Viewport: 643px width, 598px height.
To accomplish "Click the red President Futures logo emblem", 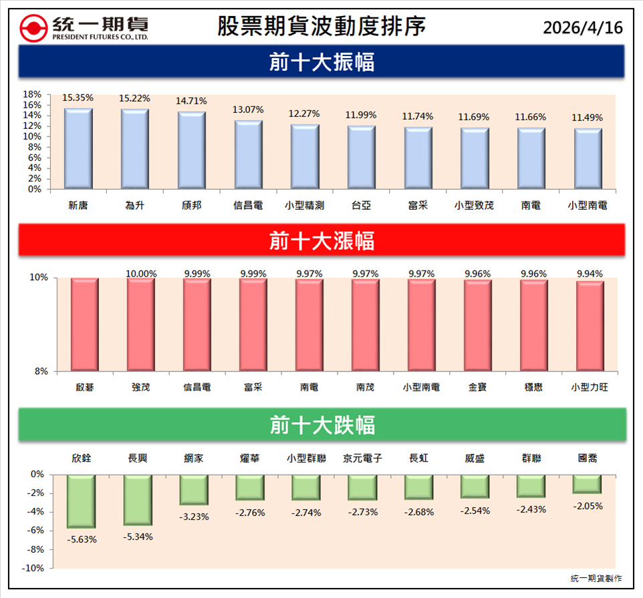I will click(33, 28).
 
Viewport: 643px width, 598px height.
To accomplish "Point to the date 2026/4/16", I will click(582, 28).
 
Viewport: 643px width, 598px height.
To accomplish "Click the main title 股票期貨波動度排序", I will click(321, 27).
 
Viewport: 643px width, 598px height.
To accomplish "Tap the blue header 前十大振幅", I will click(321, 62).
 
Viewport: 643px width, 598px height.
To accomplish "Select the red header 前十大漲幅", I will click(321, 240).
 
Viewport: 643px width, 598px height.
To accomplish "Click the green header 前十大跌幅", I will click(321, 425).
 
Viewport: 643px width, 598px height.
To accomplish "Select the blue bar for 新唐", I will click(78, 149).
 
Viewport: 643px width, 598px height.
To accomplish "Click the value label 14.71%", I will click(191, 101).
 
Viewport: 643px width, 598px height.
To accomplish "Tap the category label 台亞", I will click(361, 206).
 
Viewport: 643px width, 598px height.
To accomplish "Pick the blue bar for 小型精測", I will click(304, 157).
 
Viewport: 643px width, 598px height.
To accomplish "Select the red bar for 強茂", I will click(141, 324).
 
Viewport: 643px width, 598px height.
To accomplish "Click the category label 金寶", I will click(478, 387).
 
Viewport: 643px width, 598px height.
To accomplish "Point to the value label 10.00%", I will click(141, 273).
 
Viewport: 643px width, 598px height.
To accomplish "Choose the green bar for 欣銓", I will click(81, 502).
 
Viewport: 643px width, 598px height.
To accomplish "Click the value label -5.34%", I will click(138, 537).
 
